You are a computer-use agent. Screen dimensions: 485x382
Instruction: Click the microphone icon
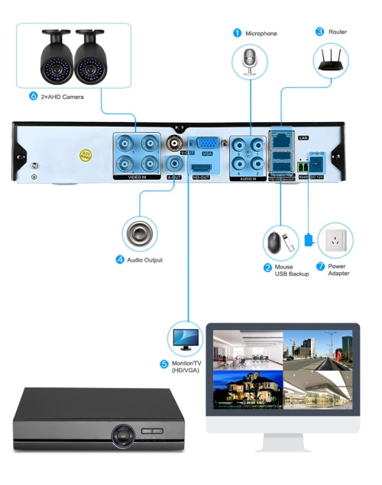tap(251, 62)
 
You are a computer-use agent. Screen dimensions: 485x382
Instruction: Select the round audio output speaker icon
tap(140, 233)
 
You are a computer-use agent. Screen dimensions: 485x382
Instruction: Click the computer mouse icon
tap(274, 243)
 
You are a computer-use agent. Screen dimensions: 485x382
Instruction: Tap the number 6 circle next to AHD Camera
tap(33, 97)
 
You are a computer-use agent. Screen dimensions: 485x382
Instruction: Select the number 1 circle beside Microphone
tap(237, 33)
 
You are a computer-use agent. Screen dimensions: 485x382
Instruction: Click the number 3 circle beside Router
tap(319, 32)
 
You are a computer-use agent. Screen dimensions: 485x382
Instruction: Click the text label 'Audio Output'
tap(144, 260)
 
